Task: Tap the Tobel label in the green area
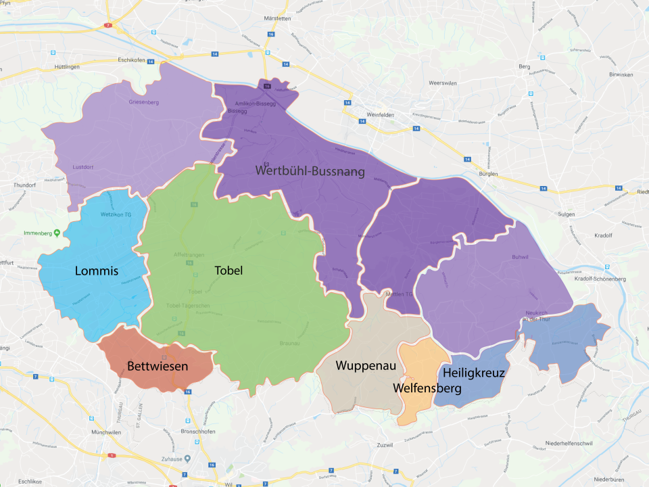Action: click(229, 271)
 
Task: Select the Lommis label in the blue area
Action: click(97, 271)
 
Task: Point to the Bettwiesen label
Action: click(158, 367)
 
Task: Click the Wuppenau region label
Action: click(365, 366)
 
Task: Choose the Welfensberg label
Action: click(427, 388)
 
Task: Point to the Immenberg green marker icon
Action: click(57, 233)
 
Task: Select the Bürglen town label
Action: click(487, 174)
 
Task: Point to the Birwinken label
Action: click(619, 74)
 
